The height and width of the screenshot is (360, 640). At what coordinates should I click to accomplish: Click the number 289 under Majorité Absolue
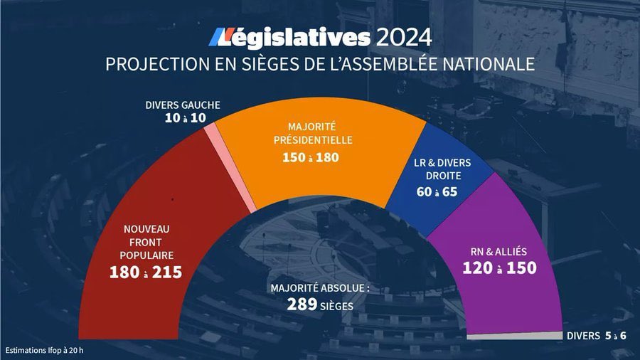tap(304, 305)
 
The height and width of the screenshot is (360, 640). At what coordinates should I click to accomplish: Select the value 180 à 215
tap(145, 272)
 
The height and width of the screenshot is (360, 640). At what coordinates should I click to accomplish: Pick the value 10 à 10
tap(182, 118)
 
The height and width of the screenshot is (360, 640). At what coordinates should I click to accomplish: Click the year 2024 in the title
tap(403, 36)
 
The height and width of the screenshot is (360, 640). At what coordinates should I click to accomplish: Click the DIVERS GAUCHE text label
tap(182, 105)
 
